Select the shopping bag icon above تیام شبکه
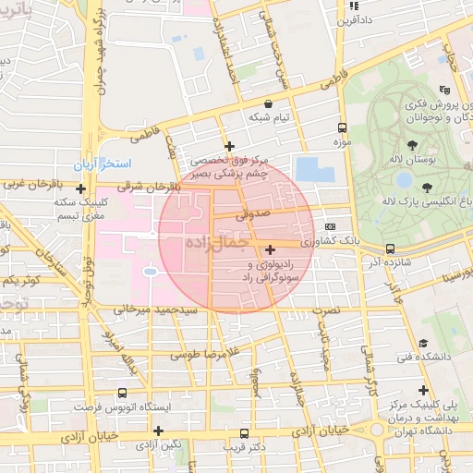pyautogui.click(x=268, y=103)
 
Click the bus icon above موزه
pyautogui.click(x=342, y=127)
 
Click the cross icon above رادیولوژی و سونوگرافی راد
pyautogui.click(x=270, y=249)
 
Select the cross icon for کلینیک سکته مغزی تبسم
pyautogui.click(x=81, y=188)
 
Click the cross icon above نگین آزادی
pyautogui.click(x=159, y=431)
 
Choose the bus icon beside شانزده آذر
pyautogui.click(x=390, y=249)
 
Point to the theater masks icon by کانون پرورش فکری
pyautogui.click(x=444, y=90)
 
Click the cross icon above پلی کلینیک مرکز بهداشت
pyautogui.click(x=423, y=391)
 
